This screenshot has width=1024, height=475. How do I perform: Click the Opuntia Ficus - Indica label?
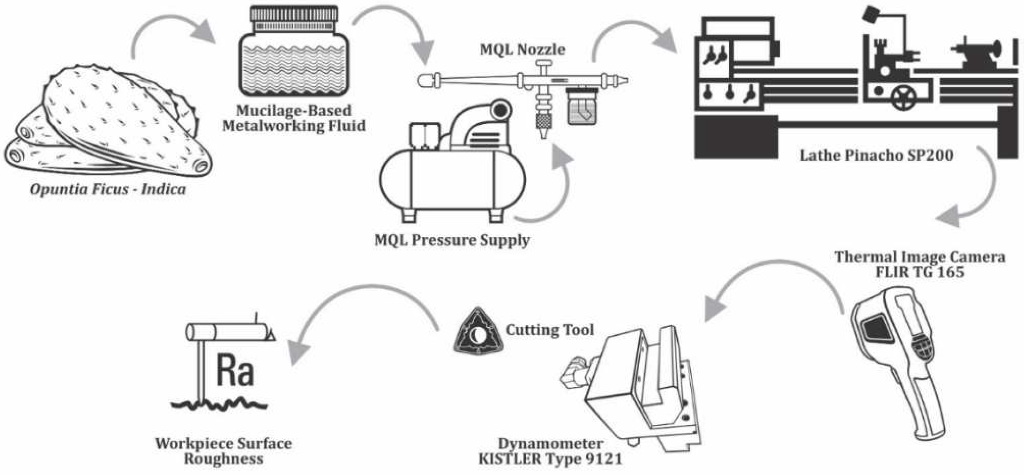coord(108,189)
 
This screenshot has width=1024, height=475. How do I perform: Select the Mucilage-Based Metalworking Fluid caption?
coord(294,118)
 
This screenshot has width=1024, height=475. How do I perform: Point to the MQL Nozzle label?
coord(522,50)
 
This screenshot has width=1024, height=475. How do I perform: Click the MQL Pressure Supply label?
coord(452,240)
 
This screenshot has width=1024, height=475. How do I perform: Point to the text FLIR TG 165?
coord(919,272)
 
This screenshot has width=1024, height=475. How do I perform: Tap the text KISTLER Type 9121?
coord(550,459)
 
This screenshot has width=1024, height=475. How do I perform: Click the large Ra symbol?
coord(235,371)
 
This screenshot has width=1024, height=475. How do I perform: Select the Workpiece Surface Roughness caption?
coord(223,451)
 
